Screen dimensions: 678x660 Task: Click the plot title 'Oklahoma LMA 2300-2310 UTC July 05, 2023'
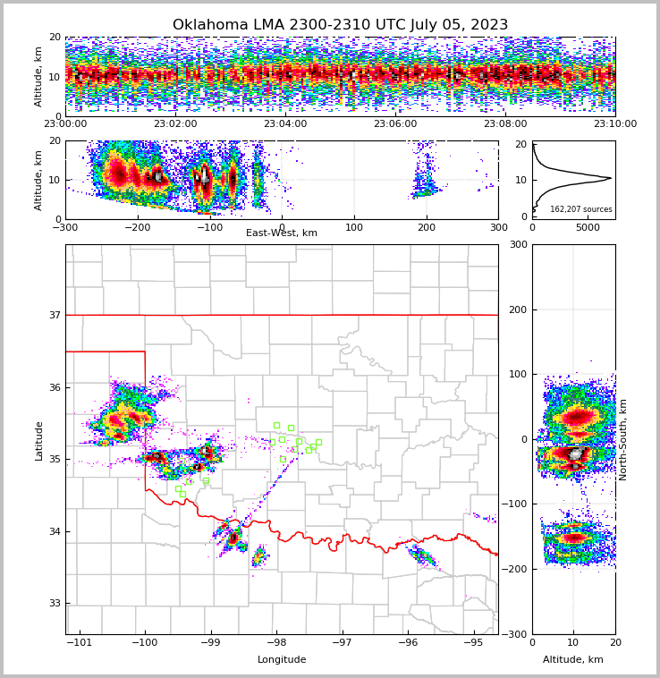340,25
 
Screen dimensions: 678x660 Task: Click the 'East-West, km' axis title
282,233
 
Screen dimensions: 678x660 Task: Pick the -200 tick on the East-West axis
137,227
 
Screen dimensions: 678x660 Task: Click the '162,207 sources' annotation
581,209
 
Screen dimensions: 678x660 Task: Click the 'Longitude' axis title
282,660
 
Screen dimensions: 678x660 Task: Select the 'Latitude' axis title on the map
38,440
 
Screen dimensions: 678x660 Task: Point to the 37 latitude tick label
54,315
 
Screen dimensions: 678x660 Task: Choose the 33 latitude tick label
54,604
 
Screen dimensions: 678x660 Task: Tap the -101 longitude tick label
80,643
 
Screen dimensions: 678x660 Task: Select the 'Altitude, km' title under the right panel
573,660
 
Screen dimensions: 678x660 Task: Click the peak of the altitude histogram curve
611,178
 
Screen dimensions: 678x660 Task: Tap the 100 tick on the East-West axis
354,227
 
